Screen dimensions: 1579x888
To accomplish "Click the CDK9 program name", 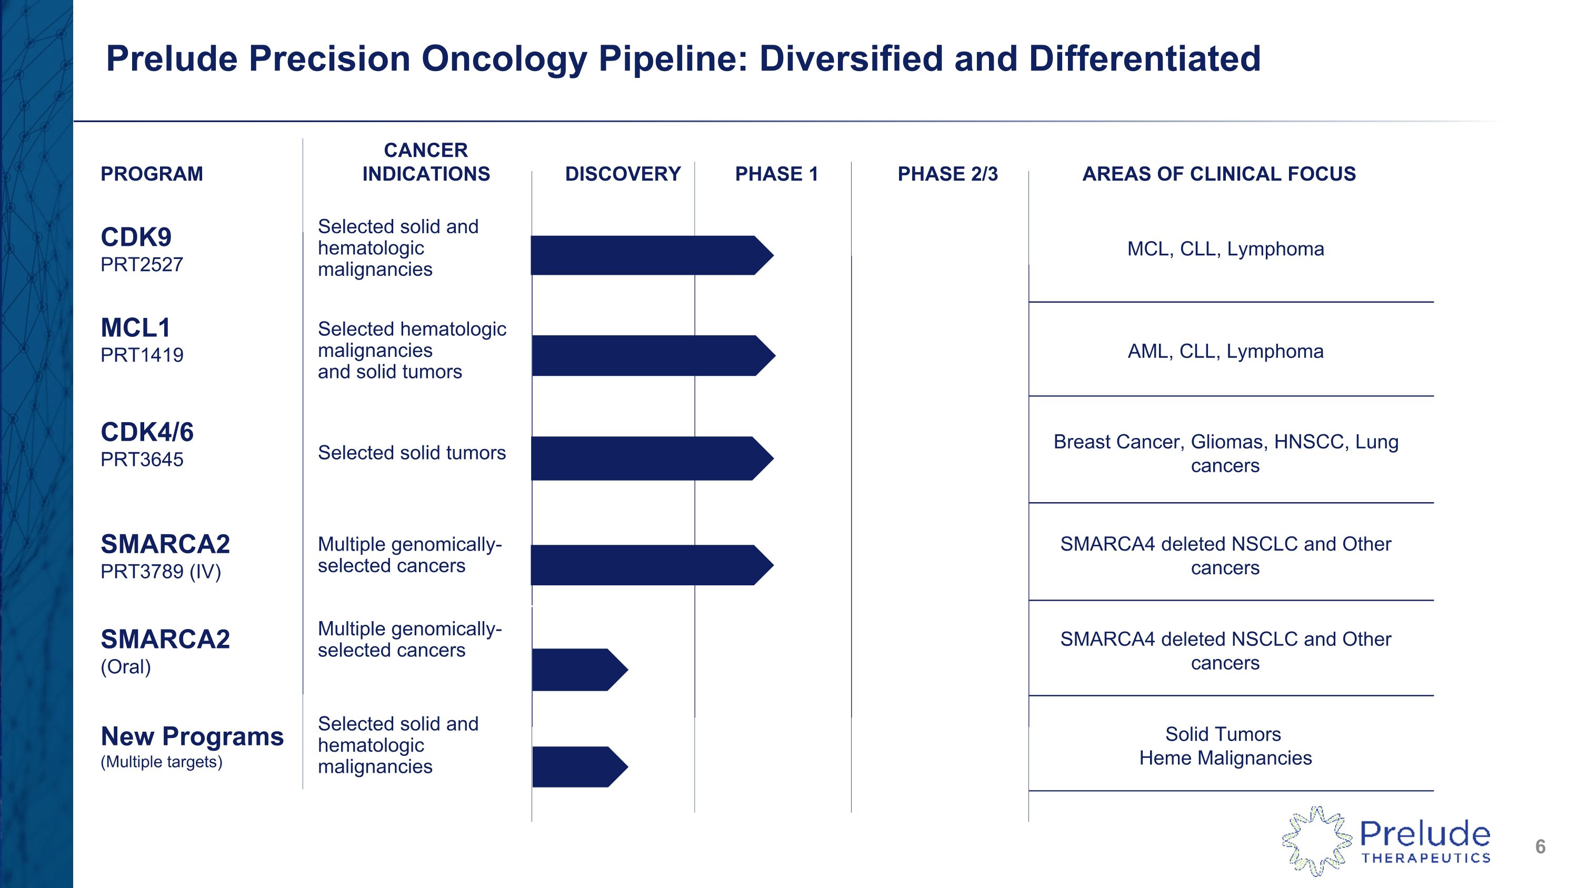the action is pyautogui.click(x=136, y=237).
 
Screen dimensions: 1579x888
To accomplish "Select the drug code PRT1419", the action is pyautogui.click(x=142, y=355).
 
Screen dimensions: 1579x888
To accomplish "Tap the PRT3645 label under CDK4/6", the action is pyautogui.click(x=142, y=459).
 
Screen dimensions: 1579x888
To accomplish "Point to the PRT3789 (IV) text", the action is pyautogui.click(x=161, y=571).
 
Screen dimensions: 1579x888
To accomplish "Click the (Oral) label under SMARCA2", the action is pyautogui.click(x=126, y=666).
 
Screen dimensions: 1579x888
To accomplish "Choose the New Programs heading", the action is pyautogui.click(x=192, y=736).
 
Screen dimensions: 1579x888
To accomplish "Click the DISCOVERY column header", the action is pyautogui.click(x=622, y=174).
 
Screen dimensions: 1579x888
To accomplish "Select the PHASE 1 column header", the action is pyautogui.click(x=776, y=174).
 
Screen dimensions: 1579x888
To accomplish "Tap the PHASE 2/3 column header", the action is pyautogui.click(x=947, y=174).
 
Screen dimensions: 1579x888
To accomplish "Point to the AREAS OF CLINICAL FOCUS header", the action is pyautogui.click(x=1218, y=174).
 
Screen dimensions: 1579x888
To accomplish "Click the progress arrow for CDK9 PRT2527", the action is pyautogui.click(x=649, y=255).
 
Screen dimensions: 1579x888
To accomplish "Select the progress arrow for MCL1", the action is pyautogui.click(x=651, y=355).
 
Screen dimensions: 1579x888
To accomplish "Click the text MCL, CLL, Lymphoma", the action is pyautogui.click(x=1225, y=249).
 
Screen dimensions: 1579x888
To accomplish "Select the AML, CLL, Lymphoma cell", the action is pyautogui.click(x=1225, y=351).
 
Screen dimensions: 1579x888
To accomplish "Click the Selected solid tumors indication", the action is pyautogui.click(x=411, y=453).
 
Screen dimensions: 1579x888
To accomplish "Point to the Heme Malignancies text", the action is pyautogui.click(x=1225, y=758).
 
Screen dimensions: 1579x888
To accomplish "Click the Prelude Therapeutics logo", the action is pyautogui.click(x=1385, y=841).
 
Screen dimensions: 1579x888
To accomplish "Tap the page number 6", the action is pyautogui.click(x=1540, y=846).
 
